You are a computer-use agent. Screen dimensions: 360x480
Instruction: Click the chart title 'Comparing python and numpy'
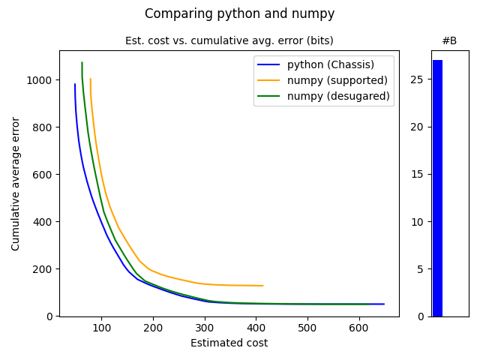click(x=239, y=13)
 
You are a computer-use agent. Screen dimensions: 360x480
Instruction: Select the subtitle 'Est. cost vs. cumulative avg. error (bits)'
click(x=229, y=40)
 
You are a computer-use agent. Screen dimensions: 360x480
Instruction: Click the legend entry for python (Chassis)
click(x=330, y=64)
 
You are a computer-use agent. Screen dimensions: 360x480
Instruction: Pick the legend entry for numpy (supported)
click(x=337, y=79)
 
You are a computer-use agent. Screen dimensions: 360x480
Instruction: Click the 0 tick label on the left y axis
click(x=50, y=316)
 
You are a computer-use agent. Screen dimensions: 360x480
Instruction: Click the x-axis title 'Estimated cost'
click(x=229, y=343)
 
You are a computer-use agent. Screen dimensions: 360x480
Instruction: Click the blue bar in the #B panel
click(x=437, y=187)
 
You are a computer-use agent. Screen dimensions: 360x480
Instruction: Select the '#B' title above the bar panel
click(x=449, y=40)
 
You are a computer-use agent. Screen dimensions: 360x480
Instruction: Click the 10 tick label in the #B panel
click(x=420, y=222)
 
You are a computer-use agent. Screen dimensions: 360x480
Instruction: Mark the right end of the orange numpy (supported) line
click(x=262, y=286)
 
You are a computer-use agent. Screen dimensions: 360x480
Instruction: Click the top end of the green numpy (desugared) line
click(x=82, y=62)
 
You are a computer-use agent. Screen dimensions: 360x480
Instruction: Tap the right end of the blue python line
click(x=384, y=304)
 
